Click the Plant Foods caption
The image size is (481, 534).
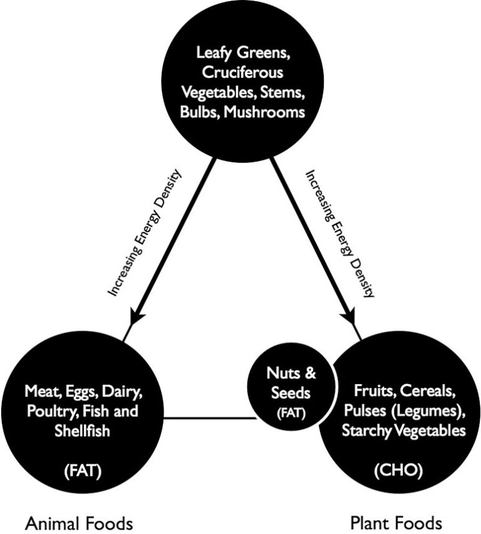pos(395,521)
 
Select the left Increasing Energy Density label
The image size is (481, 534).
pos(145,232)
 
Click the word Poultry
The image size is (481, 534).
pos(49,412)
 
